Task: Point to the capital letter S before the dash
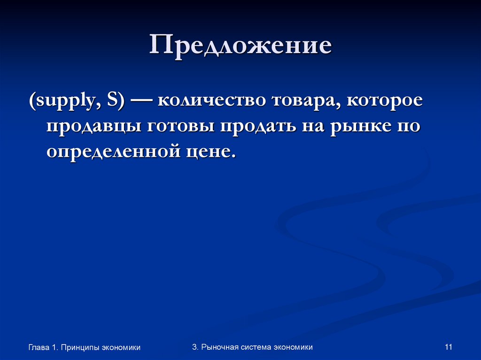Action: tap(113, 102)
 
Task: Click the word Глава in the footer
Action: tap(39, 348)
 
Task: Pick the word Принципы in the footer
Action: tap(80, 348)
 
